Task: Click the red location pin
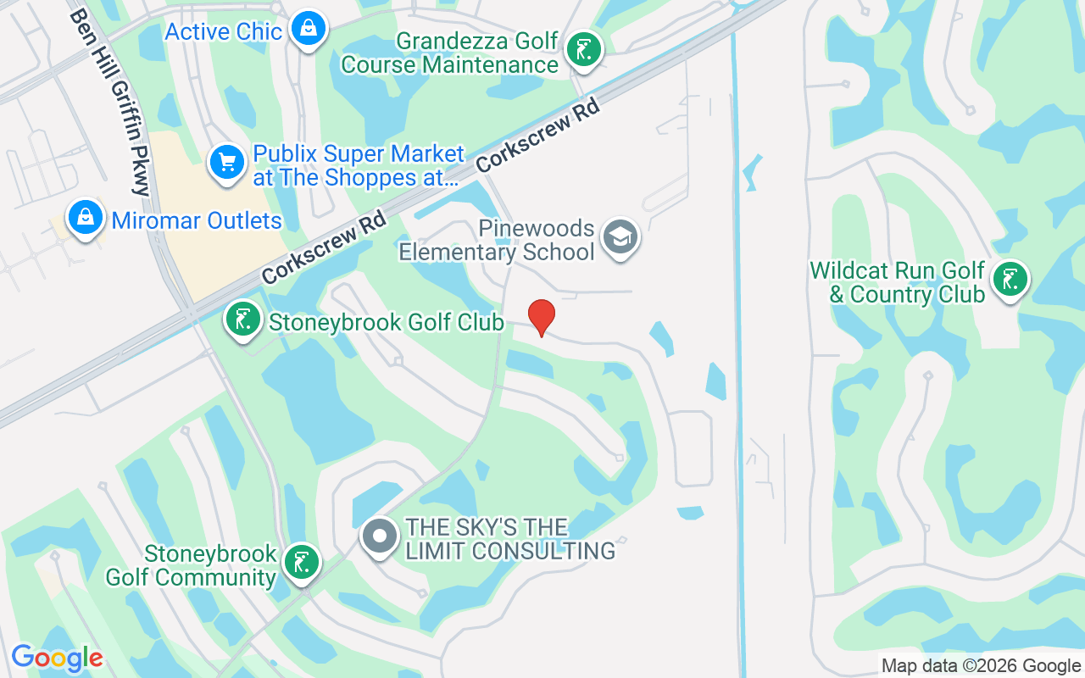542,316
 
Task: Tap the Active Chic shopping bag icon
309,30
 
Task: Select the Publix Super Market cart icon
226,161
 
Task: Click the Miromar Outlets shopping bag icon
86,218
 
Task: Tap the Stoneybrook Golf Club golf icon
243,320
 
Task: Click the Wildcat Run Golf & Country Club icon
1010,279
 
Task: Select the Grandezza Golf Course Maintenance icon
582,49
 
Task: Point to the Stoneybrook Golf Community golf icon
301,561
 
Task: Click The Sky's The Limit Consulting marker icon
380,536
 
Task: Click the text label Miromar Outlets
197,221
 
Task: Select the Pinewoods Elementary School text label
497,241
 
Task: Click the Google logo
57,658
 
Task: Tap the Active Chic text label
223,32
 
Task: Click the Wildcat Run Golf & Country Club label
897,283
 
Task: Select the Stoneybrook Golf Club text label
387,323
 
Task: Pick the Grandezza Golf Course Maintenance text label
450,53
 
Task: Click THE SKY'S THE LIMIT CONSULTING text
510,539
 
